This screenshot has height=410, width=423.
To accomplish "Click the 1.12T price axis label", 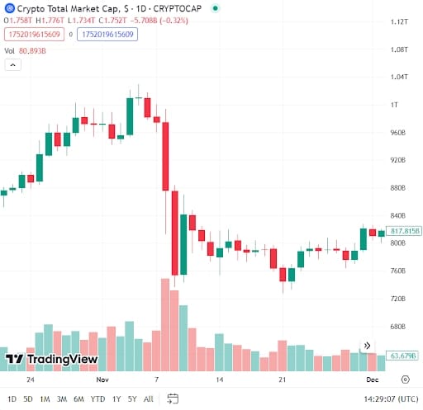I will click(x=400, y=21).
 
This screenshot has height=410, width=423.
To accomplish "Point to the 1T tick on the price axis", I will click(x=395, y=105).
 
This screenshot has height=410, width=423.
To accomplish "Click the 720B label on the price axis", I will click(x=398, y=299).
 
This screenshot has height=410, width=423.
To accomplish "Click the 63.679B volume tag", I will click(x=402, y=356).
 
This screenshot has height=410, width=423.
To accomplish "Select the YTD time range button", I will click(x=98, y=399).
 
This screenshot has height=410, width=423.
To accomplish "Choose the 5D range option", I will click(x=27, y=399).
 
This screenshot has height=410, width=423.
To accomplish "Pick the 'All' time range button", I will click(x=149, y=399).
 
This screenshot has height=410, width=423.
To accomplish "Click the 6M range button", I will click(x=78, y=399).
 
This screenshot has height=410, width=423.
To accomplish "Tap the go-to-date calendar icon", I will click(x=172, y=399).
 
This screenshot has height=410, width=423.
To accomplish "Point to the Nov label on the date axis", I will click(x=102, y=380).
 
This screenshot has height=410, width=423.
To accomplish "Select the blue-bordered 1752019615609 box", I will click(x=107, y=35).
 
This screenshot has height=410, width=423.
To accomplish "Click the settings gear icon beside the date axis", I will click(x=405, y=380).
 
